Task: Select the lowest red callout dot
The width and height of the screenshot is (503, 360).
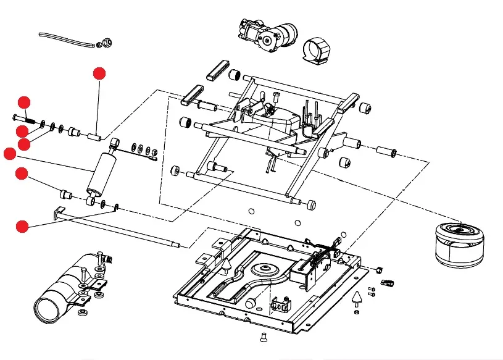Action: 22,226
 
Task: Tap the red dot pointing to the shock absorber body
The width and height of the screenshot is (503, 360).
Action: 10,154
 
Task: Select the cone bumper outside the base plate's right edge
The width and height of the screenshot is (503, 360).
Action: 357,298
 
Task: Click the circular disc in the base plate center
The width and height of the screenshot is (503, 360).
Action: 267,270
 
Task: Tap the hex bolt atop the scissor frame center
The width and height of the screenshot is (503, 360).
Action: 276,95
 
